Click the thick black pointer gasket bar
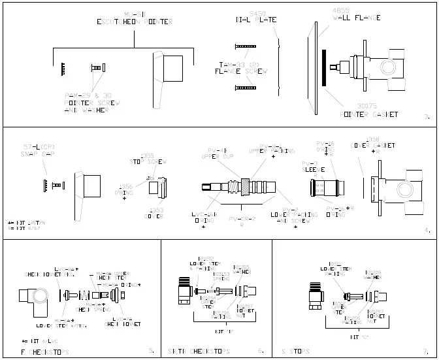point(323,68)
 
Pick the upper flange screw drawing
point(246,46)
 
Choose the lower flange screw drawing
point(246,87)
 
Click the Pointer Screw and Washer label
point(90,103)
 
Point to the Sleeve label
point(310,169)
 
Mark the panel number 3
point(426,118)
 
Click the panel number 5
point(152,351)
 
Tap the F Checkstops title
point(45,351)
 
